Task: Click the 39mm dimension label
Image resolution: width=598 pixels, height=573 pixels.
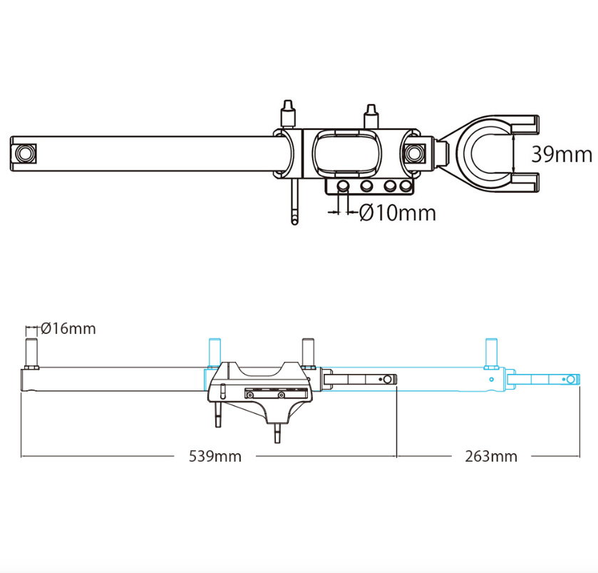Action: point(562,154)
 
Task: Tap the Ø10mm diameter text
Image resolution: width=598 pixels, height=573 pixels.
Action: point(398,212)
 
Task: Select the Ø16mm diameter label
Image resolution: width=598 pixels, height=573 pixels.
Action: point(68,328)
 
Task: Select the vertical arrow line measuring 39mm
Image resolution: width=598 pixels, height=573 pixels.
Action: point(513,153)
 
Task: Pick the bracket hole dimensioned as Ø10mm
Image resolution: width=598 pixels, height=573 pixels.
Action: point(344,187)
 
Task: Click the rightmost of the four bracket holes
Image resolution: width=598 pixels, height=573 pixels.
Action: point(406,187)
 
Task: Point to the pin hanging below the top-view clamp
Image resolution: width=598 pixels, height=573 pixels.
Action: point(295,203)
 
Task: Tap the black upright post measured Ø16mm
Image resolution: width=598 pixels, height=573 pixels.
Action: point(31,350)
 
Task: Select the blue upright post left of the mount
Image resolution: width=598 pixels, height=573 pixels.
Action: point(213,350)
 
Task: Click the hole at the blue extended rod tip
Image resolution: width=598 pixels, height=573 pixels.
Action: point(570,379)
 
